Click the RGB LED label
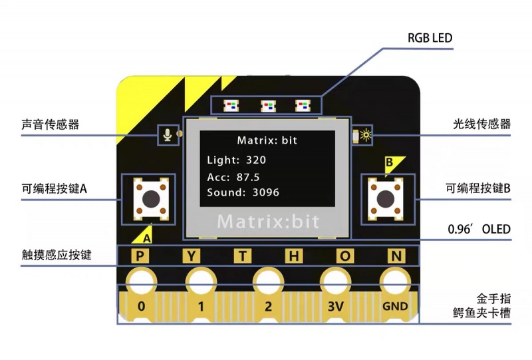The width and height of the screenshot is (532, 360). pos(430,38)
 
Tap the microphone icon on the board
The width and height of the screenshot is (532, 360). pos(168,134)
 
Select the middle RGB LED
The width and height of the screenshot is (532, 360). pos(267,105)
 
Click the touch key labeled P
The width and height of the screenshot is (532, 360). pos(140,256)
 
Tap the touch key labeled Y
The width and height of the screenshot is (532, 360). pos(192,256)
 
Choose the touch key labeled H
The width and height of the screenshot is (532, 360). pos(293,256)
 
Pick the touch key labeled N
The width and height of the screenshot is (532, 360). pos(396,256)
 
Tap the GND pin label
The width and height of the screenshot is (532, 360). pos(394,307)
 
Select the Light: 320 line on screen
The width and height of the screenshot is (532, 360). pos(237,160)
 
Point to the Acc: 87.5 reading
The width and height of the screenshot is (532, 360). pos(233,176)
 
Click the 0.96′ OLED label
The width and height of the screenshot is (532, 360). pos(479,230)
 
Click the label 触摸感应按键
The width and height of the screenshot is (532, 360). pos(56,254)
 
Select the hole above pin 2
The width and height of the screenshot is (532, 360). pos(267,279)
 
